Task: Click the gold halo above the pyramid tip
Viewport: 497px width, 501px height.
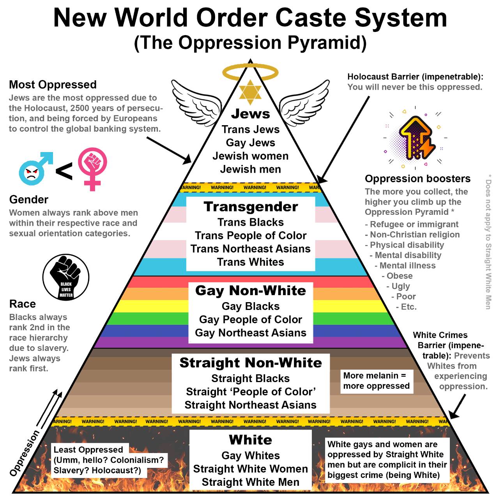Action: pos(250,72)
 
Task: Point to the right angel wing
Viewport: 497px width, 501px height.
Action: pos(306,102)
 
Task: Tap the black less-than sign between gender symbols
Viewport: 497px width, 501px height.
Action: pos(64,171)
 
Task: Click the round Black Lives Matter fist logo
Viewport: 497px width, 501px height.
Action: pos(66,278)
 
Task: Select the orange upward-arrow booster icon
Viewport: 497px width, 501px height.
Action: pos(416,138)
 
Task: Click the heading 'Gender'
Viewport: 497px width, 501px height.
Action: pos(28,200)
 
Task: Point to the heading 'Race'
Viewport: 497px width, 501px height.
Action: pos(22,304)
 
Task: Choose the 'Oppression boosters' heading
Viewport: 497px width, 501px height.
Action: pos(417,179)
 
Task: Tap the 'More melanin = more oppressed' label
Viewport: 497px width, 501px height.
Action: pos(376,381)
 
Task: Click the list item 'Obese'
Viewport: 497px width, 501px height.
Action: pos(399,276)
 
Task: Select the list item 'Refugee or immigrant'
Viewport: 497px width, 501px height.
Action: pos(414,225)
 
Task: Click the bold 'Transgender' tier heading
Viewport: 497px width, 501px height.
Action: pos(251,207)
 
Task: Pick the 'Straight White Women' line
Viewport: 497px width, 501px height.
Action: pos(250,469)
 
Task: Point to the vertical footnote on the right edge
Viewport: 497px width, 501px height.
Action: pos(488,242)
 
